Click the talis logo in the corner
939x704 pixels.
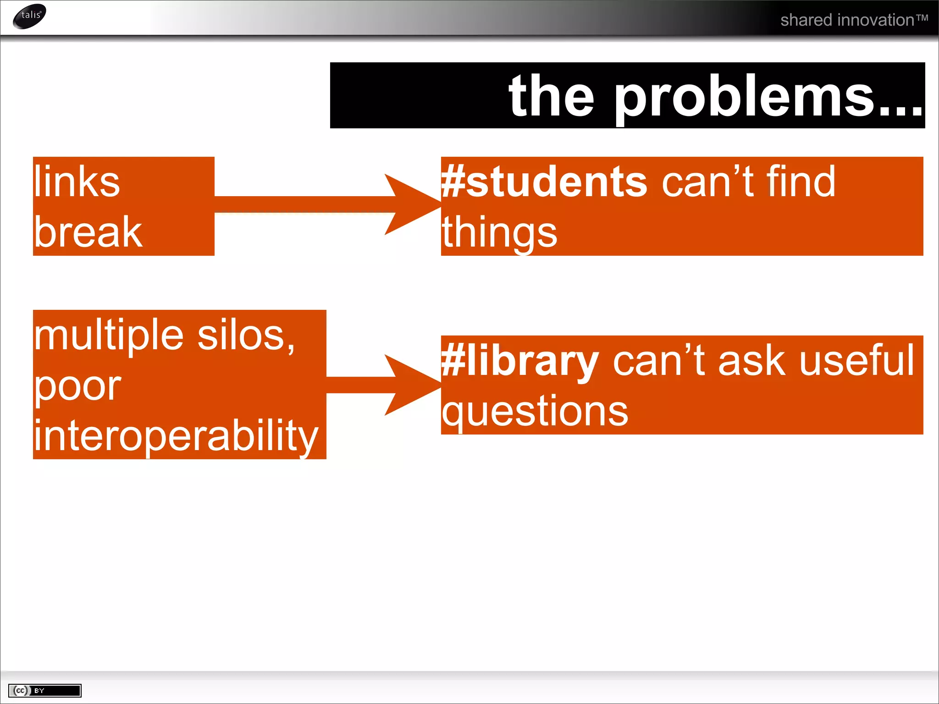30,16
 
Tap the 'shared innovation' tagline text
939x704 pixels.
854,20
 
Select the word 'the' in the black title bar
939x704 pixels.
552,97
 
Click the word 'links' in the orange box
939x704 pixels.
77,182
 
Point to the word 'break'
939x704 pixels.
88,232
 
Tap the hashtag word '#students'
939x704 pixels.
544,182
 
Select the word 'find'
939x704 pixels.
801,182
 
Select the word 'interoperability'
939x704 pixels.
176,436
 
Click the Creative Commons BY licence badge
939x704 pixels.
44,690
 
